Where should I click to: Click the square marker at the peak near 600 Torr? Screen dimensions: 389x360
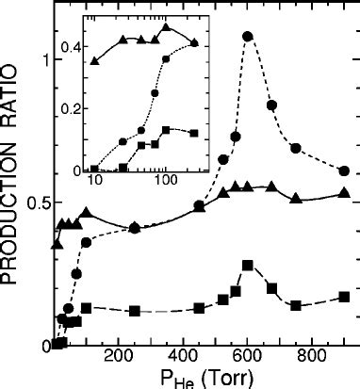pos(248,266)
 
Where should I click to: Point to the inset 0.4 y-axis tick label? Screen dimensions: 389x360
pos(71,45)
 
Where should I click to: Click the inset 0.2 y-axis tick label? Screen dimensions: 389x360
pos(71,107)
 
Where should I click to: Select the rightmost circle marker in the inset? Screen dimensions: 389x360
pos(194,42)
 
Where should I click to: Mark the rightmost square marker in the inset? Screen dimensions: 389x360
pos(194,133)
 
